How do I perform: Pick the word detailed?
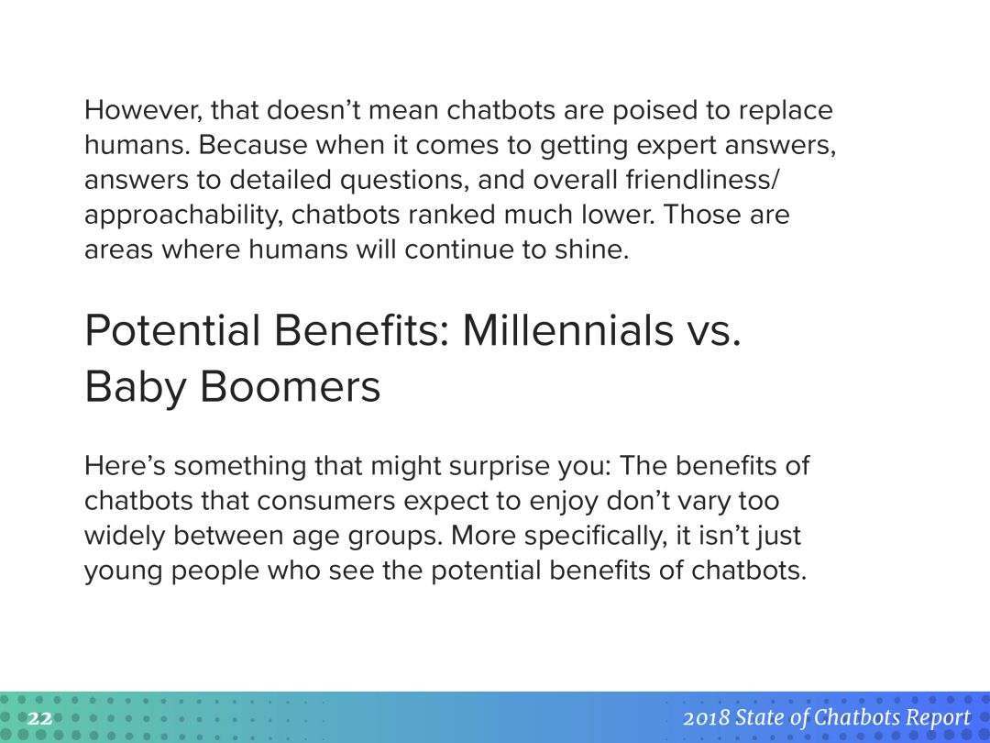click(x=280, y=180)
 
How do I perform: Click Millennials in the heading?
click(x=568, y=330)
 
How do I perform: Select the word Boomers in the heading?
click(x=290, y=387)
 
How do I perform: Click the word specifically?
click(x=596, y=537)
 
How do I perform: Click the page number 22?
click(x=39, y=718)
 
